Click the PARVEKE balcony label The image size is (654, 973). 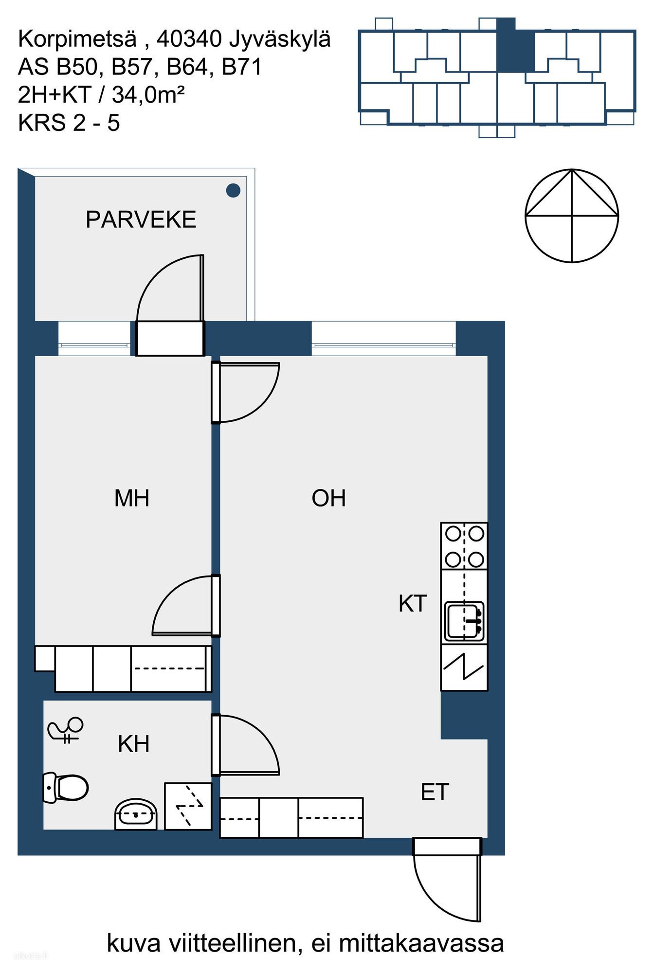tap(141, 220)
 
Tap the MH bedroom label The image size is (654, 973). tap(131, 499)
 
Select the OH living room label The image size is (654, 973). tap(328, 499)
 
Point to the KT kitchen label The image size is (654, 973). tap(413, 604)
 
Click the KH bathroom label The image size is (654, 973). tap(133, 744)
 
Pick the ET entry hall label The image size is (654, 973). tap(435, 793)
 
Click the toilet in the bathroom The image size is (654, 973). tap(66, 787)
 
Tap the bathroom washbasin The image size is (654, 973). tap(136, 814)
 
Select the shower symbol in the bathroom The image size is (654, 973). tap(66, 730)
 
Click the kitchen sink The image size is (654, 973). tap(464, 622)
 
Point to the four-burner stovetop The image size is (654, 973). tap(464, 546)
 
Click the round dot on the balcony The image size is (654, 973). tap(234, 190)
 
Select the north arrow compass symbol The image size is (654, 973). tap(572, 216)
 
